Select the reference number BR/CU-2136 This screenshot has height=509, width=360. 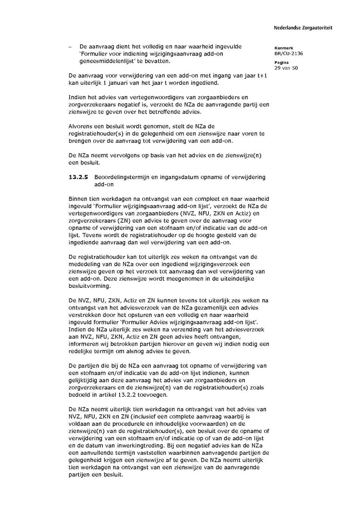[288, 54]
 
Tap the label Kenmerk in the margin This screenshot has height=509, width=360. [284, 48]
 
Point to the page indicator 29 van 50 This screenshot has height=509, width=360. [286, 68]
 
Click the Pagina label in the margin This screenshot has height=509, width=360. [282, 63]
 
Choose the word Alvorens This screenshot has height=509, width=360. [81, 126]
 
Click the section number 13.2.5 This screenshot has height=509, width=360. [78, 177]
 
